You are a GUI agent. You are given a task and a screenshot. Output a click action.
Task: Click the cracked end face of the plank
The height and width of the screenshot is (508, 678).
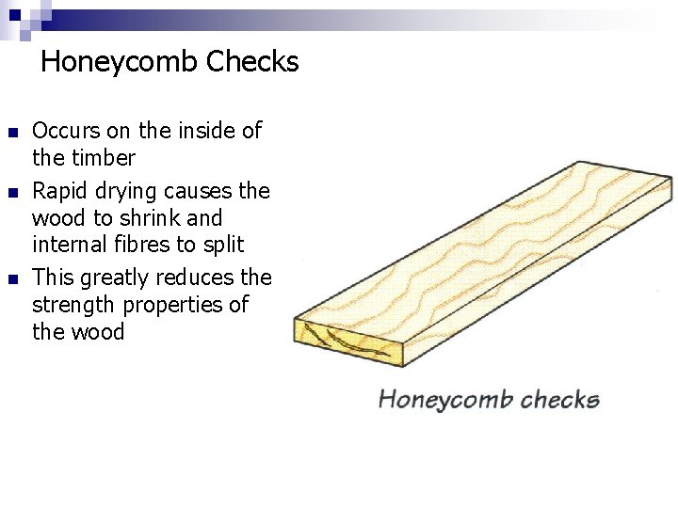349,344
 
